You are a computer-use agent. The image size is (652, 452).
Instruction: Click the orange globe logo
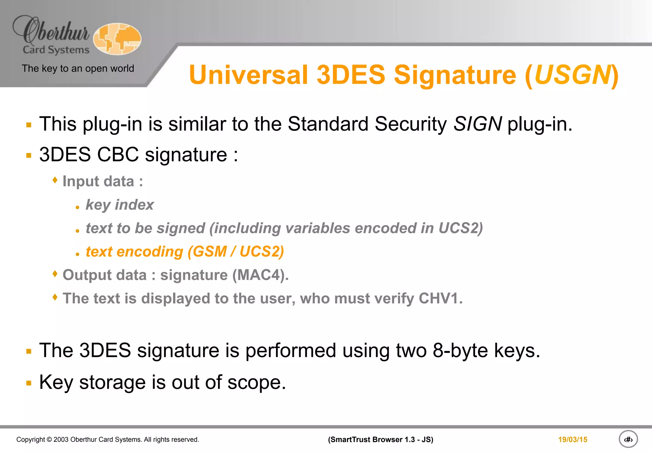pos(117,39)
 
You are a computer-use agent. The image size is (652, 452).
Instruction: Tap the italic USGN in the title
pos(572,75)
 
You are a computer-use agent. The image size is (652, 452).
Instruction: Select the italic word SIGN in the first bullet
pos(478,124)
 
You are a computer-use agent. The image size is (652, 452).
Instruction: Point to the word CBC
pos(118,155)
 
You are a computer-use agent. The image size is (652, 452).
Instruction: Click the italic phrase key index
pos(120,205)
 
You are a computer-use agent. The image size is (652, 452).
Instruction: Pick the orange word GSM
pos(209,252)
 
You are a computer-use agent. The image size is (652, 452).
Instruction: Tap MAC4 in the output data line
pos(258,275)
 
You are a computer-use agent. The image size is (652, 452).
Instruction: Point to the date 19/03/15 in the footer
pos(572,440)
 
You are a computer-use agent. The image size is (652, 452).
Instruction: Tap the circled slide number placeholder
pos(628,439)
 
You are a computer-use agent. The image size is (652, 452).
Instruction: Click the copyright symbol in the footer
pos(49,440)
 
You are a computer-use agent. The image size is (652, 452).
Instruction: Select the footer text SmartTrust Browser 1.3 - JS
pos(380,440)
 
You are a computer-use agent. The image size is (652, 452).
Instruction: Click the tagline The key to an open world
pos(78,68)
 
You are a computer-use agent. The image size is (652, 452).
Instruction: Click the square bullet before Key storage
pos(29,383)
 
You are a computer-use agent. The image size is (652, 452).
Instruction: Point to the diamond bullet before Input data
pos(55,180)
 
